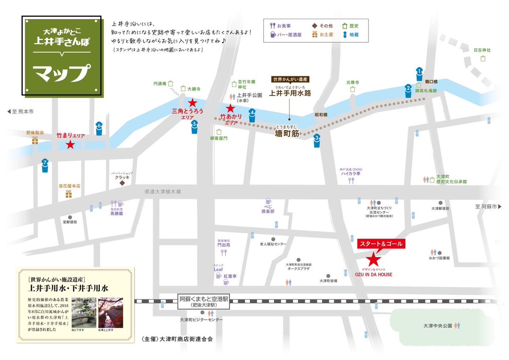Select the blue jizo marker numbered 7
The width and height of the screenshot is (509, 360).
[45, 165]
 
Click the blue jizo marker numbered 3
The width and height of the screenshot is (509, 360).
[316, 140]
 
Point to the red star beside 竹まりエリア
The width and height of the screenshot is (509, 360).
[70, 145]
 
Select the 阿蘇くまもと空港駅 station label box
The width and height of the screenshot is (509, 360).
[204, 301]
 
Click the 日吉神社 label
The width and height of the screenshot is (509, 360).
[482, 50]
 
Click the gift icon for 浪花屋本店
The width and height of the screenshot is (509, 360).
[69, 194]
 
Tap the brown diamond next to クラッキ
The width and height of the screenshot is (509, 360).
[122, 184]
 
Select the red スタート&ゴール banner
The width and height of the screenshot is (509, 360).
[380, 244]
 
